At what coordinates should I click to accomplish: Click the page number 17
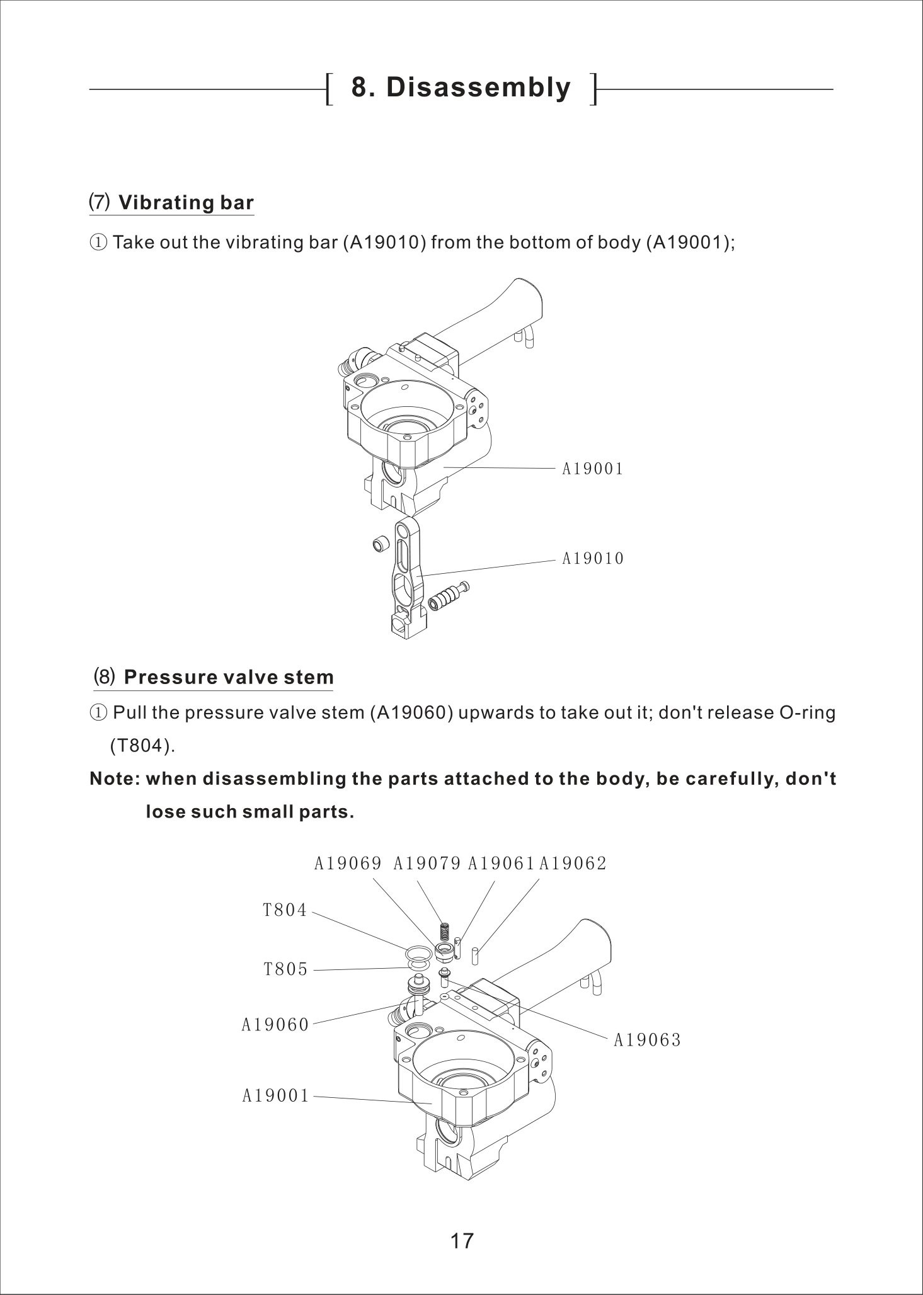coord(462,1240)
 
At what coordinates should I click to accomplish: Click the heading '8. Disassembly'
coord(461,88)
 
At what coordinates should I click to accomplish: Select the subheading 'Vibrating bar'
coord(186,203)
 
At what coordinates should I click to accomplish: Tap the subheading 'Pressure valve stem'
coord(228,678)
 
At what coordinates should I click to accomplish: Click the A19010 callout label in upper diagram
coord(593,559)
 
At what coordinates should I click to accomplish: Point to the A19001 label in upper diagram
coord(592,469)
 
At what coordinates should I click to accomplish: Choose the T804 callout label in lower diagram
coord(285,910)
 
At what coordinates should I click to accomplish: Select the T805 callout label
coord(285,969)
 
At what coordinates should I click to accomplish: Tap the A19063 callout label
coord(647,1040)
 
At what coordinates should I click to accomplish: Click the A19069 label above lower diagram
coord(348,864)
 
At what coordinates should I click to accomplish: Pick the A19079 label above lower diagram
coord(427,864)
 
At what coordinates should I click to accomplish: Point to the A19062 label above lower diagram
coord(573,864)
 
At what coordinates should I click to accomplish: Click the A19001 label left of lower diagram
coord(276,1097)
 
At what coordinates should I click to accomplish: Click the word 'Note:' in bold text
coord(115,779)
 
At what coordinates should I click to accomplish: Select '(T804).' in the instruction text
coord(142,746)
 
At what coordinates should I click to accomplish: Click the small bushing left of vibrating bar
coord(380,544)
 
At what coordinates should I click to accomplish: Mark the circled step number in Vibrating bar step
coord(99,242)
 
